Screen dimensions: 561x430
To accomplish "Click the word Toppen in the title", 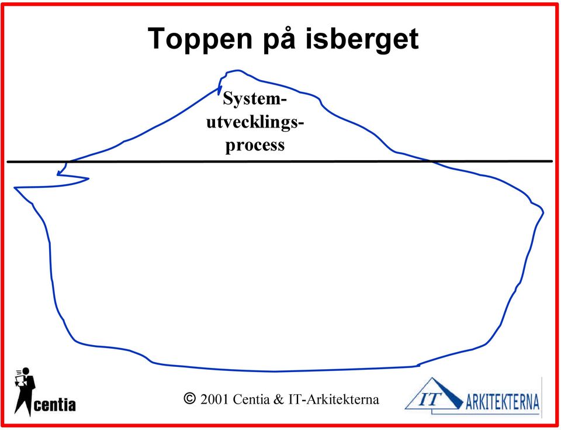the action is pos(200,39).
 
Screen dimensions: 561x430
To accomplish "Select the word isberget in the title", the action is pos(362,39).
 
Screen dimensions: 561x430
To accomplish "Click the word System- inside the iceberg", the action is pos(255,99).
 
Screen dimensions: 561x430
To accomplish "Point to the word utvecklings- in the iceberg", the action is pos(255,122).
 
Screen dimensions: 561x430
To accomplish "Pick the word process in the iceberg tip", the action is pos(255,145).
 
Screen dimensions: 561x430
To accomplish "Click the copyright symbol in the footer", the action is pos(189,398).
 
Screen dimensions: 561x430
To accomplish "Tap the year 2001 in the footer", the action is pos(214,399).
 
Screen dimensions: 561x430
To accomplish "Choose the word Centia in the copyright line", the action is pos(251,399).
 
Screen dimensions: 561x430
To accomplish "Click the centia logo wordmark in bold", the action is pos(55,405).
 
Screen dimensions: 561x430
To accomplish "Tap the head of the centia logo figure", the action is pos(26,371).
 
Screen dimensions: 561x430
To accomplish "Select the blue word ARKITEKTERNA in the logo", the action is pos(503,401).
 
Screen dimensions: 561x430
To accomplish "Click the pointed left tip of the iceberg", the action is pos(15,187).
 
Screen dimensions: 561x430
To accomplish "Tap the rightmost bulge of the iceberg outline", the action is pos(543,212).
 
